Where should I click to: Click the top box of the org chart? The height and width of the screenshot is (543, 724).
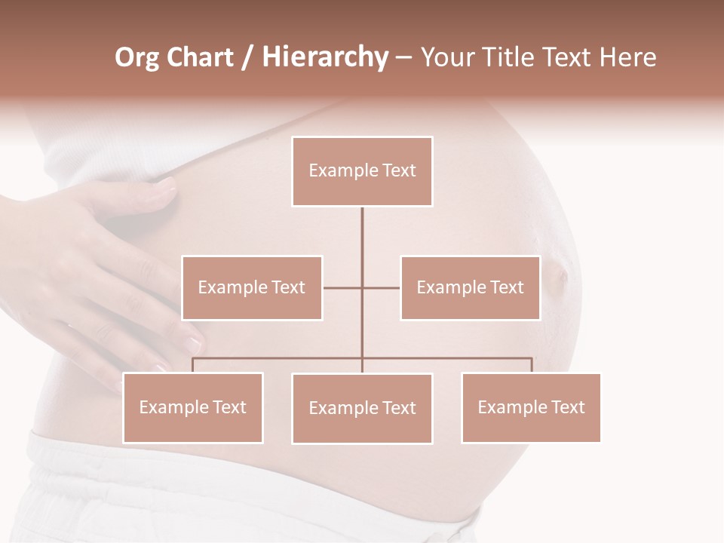point(362,171)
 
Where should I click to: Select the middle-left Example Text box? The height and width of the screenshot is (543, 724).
point(252,287)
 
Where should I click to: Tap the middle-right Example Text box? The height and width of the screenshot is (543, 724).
point(470,287)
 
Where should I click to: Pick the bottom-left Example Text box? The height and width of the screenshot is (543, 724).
point(193,407)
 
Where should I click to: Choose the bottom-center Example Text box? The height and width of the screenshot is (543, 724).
point(362,408)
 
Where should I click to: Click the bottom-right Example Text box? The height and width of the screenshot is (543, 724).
point(531,407)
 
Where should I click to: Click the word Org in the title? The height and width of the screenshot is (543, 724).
point(137,57)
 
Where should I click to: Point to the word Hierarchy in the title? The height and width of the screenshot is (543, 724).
point(324,57)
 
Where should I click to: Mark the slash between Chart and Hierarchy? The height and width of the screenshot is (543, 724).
point(247,57)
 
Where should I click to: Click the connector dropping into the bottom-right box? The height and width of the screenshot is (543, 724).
point(532,365)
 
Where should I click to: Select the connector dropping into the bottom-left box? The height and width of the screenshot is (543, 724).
point(193,365)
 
